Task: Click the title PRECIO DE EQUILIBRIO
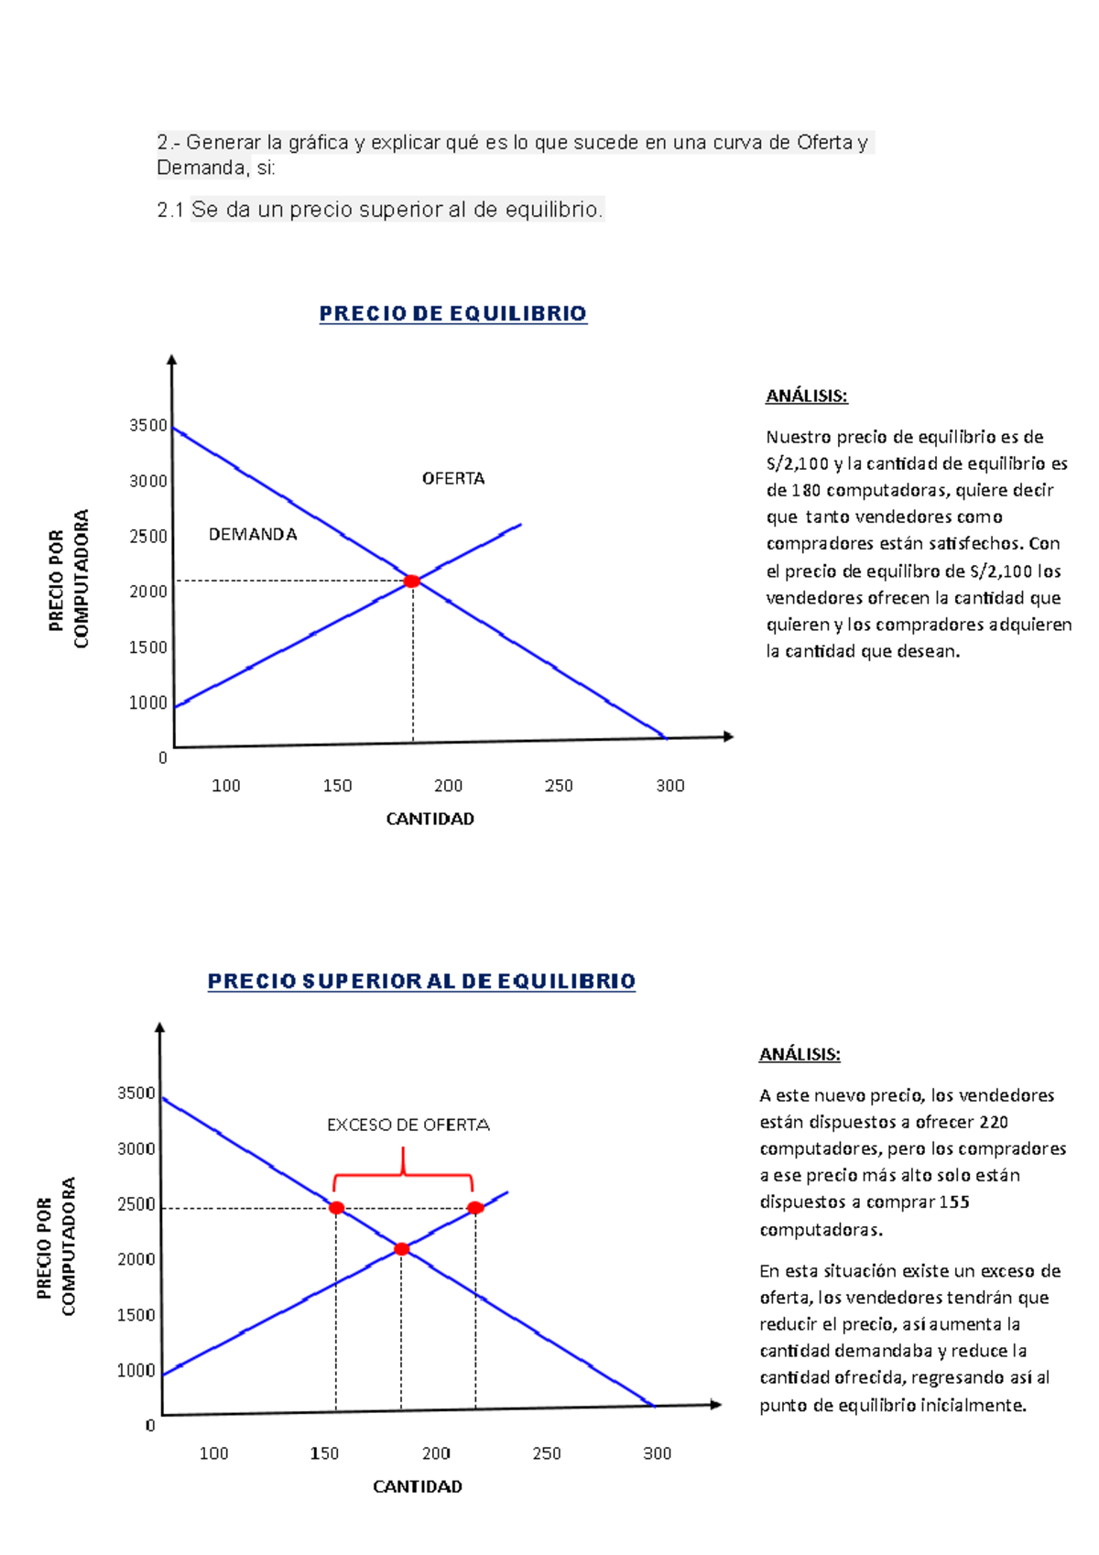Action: click(x=452, y=314)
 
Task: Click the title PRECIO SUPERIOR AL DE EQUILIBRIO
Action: click(x=421, y=982)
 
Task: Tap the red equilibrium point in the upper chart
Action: click(x=412, y=582)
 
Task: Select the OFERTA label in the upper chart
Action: click(x=452, y=478)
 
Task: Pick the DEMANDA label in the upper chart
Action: click(x=253, y=534)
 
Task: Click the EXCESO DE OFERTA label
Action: click(x=408, y=1125)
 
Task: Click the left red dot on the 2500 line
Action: click(x=336, y=1208)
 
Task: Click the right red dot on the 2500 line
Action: click(x=475, y=1208)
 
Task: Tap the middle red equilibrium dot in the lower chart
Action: click(x=401, y=1249)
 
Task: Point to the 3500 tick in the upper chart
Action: click(x=148, y=425)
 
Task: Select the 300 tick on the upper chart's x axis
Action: click(x=669, y=786)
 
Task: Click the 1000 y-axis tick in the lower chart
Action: click(x=136, y=1370)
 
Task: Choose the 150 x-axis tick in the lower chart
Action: click(x=324, y=1453)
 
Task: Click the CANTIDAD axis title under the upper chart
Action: click(x=430, y=819)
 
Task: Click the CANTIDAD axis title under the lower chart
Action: click(x=417, y=1486)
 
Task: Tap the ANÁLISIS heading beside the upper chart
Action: click(x=806, y=396)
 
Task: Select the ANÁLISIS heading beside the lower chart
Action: click(x=800, y=1054)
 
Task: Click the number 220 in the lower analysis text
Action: click(x=993, y=1122)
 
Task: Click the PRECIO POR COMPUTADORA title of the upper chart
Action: click(x=70, y=579)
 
